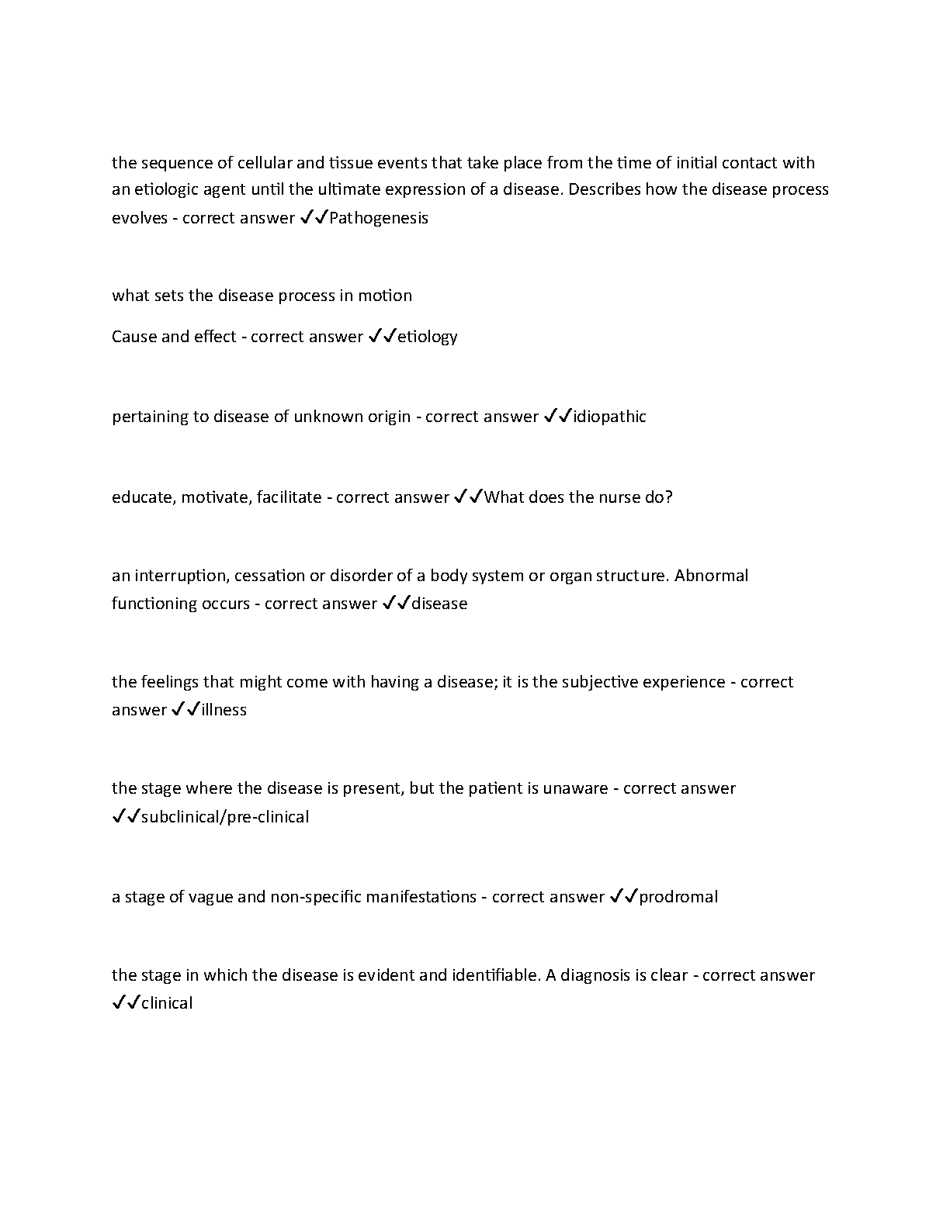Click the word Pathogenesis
tap(379, 218)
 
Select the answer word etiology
tap(428, 337)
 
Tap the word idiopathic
tap(609, 417)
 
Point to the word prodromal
tap(678, 897)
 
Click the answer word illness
tap(224, 710)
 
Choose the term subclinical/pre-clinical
tap(225, 817)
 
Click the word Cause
tap(134, 337)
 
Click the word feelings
tap(170, 682)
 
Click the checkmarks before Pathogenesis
tap(314, 218)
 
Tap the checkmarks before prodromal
tap(624, 897)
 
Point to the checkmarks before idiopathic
tap(557, 417)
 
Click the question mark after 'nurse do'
tap(669, 497)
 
